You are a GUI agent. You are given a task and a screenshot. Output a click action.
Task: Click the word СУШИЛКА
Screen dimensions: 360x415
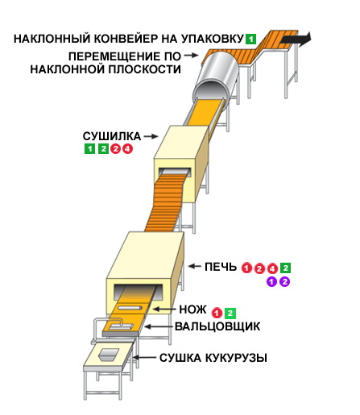point(112,136)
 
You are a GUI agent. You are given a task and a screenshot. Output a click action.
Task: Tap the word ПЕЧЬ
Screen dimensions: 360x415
point(221,267)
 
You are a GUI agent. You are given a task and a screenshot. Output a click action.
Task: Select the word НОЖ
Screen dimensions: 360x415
point(192,309)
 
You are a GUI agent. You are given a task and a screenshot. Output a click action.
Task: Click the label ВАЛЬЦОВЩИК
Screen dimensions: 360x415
point(217,326)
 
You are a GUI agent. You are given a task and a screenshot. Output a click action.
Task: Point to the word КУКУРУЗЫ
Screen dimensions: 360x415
point(236,358)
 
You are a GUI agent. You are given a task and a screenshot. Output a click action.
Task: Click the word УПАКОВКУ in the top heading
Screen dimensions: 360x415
point(212,39)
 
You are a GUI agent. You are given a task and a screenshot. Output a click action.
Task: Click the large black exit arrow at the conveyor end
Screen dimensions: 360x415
point(296,39)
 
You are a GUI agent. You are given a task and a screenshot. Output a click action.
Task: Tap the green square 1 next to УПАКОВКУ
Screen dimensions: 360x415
point(250,39)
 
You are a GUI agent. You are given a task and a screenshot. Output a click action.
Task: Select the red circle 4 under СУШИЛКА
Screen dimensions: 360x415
point(128,148)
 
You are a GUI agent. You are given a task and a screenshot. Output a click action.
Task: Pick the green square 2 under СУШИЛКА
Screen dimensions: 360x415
point(103,148)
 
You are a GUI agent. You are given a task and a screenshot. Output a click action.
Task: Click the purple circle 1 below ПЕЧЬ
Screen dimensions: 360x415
point(271,282)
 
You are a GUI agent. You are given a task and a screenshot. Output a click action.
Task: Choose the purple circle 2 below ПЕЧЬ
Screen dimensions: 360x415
point(285,282)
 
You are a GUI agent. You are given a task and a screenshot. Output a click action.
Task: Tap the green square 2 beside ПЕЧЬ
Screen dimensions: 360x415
point(285,268)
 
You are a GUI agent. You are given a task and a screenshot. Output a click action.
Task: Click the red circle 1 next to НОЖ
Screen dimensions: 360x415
point(217,313)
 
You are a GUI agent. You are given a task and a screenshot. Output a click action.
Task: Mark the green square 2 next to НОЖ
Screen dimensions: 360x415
point(230,313)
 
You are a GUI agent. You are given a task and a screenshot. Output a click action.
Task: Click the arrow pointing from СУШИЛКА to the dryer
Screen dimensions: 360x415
point(151,136)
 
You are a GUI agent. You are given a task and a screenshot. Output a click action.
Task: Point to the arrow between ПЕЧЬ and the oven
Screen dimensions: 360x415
point(195,266)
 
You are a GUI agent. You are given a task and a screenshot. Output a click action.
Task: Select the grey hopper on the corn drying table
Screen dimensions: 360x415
point(109,355)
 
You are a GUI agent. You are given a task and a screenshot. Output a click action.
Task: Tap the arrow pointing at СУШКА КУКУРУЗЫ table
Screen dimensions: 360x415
point(144,358)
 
